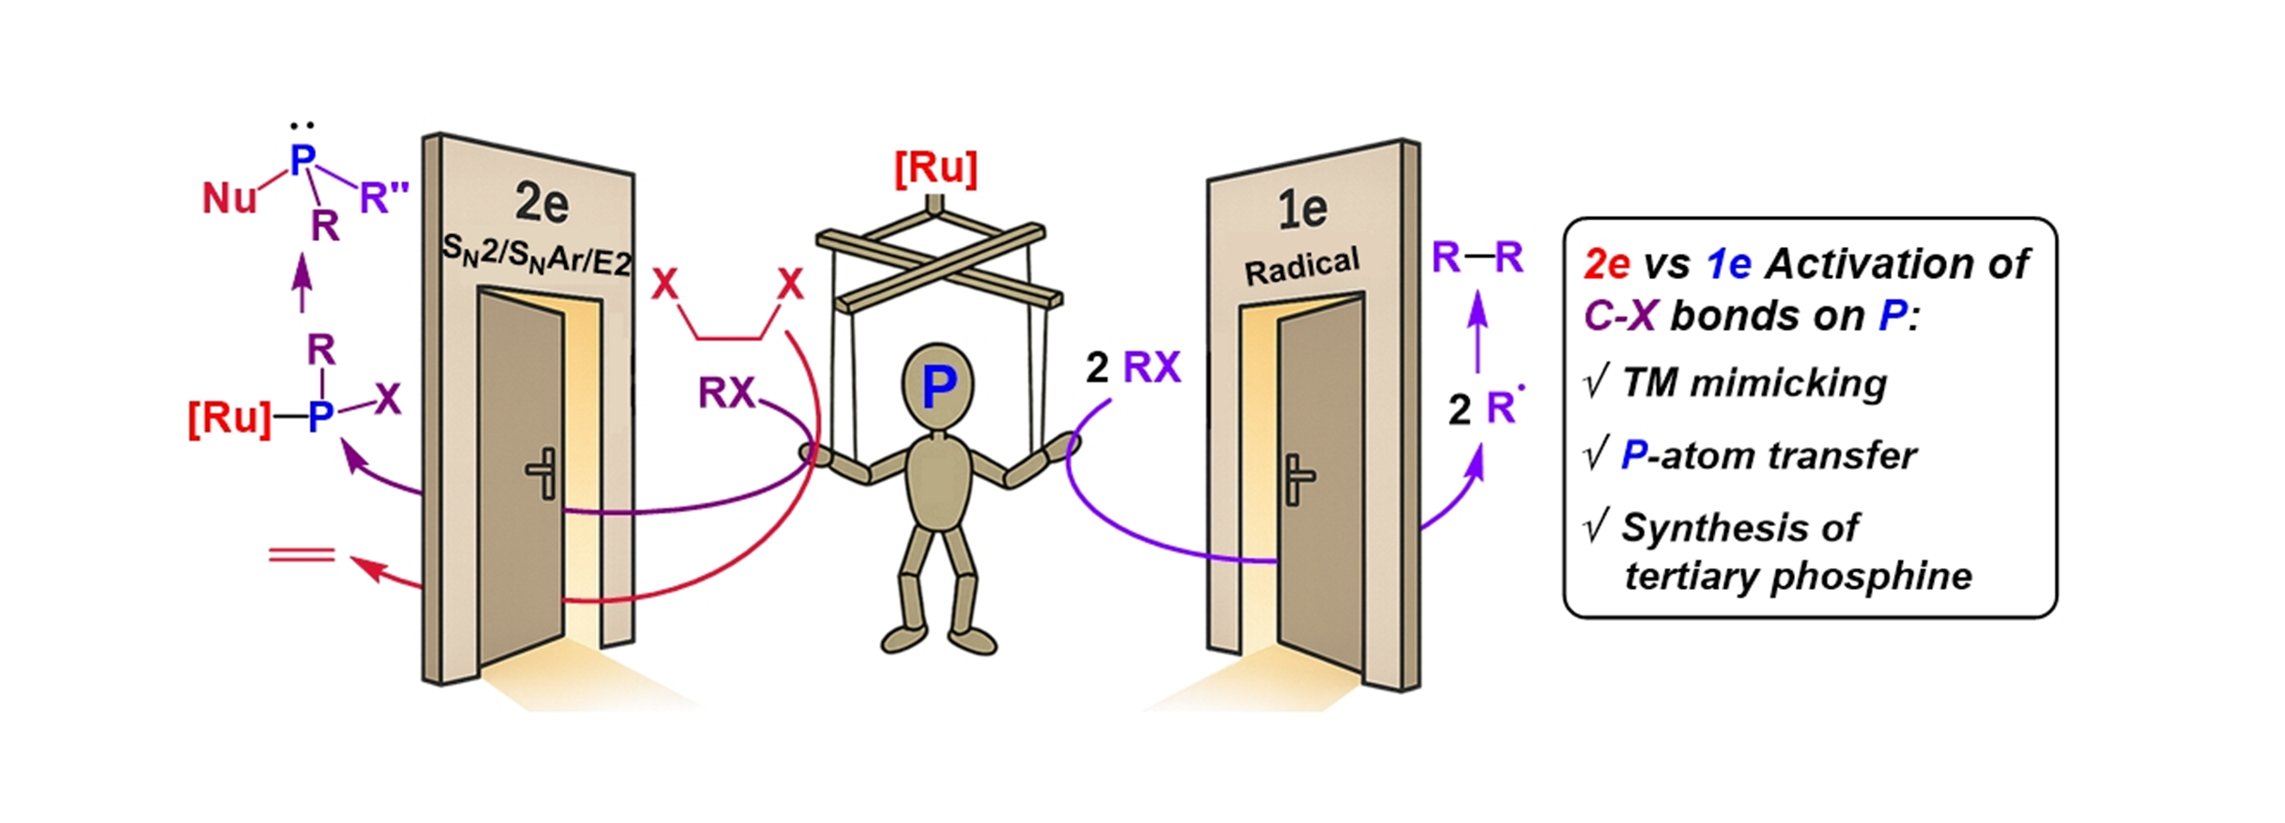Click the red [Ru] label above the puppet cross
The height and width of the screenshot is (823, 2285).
936,169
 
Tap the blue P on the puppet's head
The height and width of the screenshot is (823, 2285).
939,387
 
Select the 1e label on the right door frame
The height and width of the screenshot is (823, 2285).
1302,209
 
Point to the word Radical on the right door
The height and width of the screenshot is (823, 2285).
1302,266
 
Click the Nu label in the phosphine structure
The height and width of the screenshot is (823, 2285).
228,198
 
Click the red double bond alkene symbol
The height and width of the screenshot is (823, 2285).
302,554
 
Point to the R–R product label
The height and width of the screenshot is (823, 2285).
1477,258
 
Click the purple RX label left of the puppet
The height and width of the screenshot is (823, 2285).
727,393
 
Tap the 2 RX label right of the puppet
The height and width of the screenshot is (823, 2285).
1133,368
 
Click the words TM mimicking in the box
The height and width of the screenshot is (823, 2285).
1754,383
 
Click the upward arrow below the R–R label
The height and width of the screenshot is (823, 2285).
1477,329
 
